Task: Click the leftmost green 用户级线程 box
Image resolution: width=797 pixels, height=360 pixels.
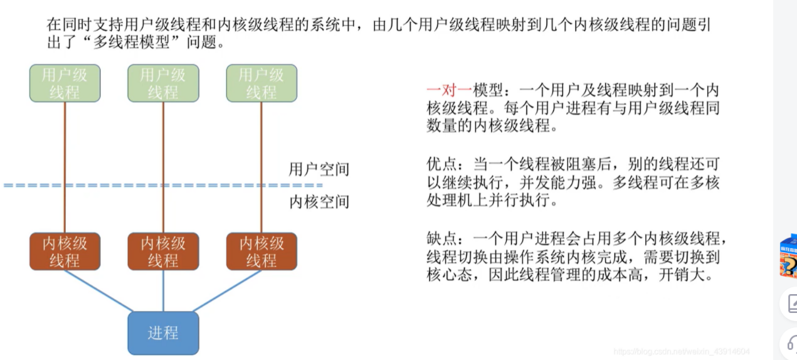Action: coord(65,83)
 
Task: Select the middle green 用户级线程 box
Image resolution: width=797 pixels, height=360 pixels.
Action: coord(163,83)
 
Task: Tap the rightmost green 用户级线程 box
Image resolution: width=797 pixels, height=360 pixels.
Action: coord(261,83)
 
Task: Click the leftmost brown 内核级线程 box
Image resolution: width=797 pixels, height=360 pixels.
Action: coord(65,251)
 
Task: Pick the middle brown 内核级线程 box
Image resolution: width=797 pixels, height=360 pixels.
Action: coord(163,251)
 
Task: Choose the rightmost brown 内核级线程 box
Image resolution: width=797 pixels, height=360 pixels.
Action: coord(261,251)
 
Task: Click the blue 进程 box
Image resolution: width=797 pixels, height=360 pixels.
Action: coord(163,332)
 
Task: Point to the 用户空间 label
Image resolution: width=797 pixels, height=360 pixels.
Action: coord(319,169)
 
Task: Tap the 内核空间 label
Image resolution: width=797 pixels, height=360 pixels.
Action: coord(319,202)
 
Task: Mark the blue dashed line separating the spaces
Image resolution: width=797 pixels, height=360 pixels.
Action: coord(163,186)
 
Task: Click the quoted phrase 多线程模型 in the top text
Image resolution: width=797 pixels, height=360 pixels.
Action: coord(138,43)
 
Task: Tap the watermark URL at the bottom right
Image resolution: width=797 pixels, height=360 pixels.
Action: coord(682,352)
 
